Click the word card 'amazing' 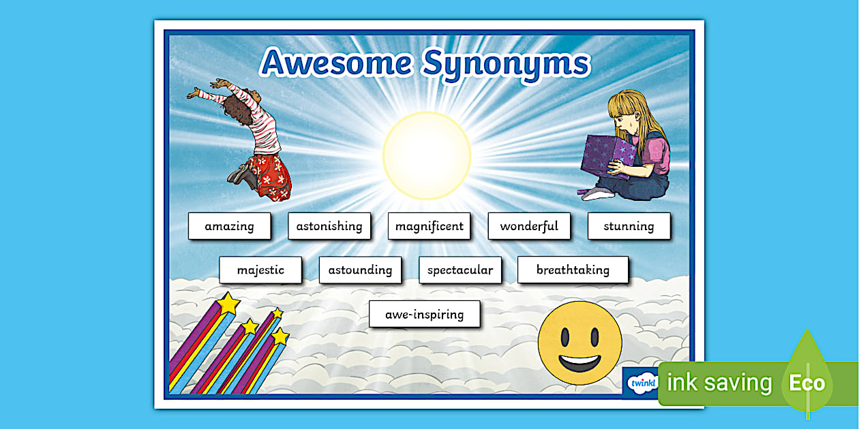tap(229, 226)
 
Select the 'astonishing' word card tap(329, 226)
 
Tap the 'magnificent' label tap(429, 226)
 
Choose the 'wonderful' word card tap(529, 226)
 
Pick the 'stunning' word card tap(629, 226)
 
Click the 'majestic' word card tap(260, 270)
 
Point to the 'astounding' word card tap(361, 270)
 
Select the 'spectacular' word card tap(460, 270)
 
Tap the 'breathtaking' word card tap(573, 270)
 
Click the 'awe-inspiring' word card tap(425, 314)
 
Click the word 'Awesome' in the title tap(337, 63)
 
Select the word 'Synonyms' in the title tap(506, 66)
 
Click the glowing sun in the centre tap(427, 156)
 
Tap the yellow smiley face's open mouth tap(579, 363)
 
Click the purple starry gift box tap(608, 157)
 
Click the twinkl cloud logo tap(643, 383)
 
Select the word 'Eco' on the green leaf tap(807, 383)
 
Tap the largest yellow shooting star tap(228, 304)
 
